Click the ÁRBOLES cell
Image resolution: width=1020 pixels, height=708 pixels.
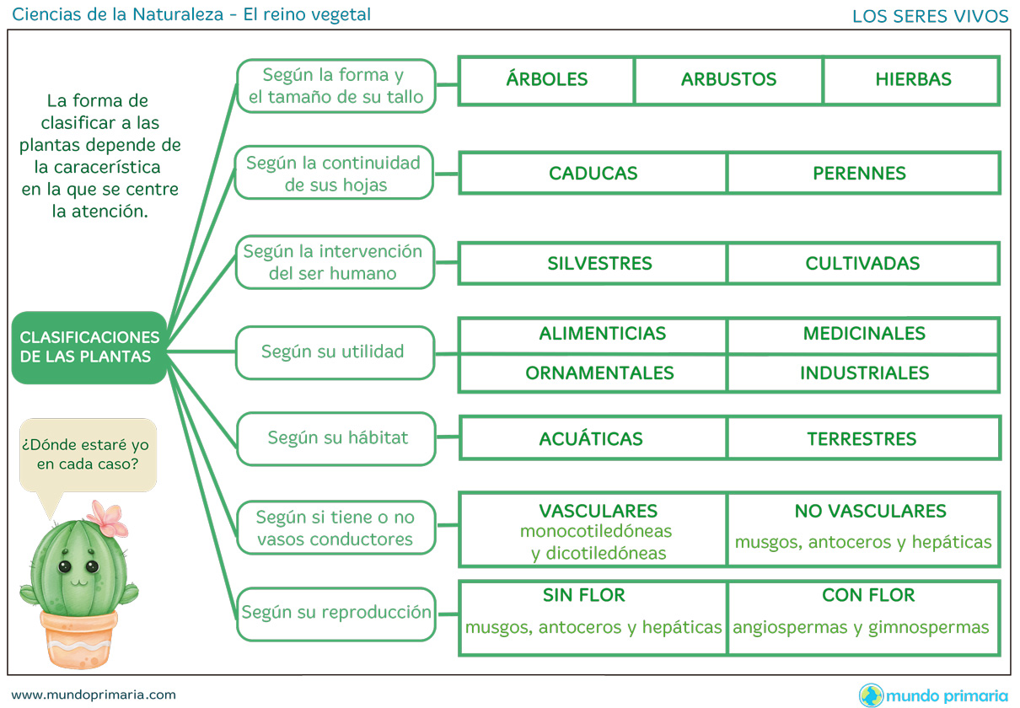pos(547,80)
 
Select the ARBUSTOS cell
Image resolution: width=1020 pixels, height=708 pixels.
pos(728,80)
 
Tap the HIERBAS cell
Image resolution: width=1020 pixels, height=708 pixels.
pos(913,80)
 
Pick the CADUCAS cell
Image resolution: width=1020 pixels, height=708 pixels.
pos(593,174)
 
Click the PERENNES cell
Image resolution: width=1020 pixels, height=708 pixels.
pos(860,174)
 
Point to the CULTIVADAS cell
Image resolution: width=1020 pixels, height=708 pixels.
pos(862,263)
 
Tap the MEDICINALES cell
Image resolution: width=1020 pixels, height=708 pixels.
pos(864,334)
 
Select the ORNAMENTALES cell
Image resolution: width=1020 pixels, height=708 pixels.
pos(599,373)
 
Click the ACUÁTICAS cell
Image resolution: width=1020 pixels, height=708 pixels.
pos(591,439)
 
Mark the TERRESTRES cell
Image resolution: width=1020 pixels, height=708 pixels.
pos(862,439)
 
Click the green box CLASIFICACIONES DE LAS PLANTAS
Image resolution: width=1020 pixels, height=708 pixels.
pos(89,347)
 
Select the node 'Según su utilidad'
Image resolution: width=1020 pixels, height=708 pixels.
pos(335,351)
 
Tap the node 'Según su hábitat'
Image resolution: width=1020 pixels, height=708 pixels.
pos(336,438)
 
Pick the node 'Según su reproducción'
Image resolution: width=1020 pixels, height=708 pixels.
pos(336,613)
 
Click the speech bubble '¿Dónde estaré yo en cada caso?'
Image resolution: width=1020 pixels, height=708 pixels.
pos(88,454)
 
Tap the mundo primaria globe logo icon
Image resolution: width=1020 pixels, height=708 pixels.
pos(871,695)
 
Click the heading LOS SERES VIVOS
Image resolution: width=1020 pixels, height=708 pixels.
pos(930,16)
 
